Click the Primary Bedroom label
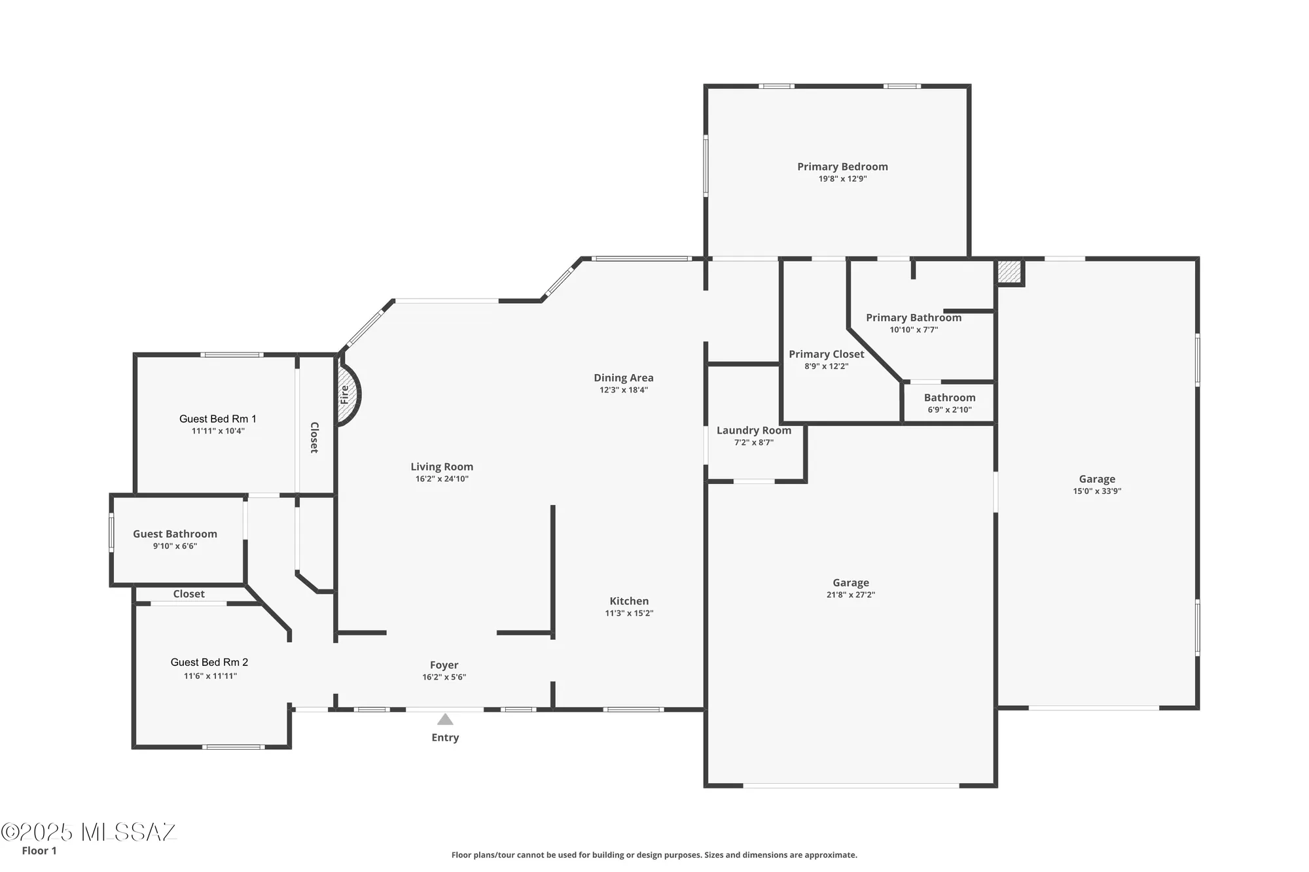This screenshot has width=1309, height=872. [x=842, y=167]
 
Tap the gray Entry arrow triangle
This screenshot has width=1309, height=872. [x=445, y=720]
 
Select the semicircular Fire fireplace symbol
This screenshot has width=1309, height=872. [x=348, y=394]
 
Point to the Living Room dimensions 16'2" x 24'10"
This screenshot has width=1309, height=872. [x=442, y=479]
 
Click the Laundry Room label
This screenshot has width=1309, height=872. [x=753, y=430]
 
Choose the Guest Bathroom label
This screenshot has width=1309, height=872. [x=175, y=534]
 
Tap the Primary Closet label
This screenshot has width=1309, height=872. [x=826, y=354]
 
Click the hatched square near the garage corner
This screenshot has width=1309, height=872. [x=1009, y=271]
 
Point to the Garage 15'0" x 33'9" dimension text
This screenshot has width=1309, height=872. [x=1097, y=491]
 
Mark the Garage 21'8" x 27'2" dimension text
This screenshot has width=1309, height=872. [x=850, y=595]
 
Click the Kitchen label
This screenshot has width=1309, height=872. [x=629, y=601]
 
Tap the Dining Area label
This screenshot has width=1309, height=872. [x=623, y=377]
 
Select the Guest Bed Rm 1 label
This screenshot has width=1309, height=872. [x=218, y=419]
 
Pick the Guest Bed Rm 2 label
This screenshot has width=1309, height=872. [x=209, y=662]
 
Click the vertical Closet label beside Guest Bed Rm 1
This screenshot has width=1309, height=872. [x=314, y=438]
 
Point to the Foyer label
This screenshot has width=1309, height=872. [x=444, y=665]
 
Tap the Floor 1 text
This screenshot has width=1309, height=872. [x=39, y=850]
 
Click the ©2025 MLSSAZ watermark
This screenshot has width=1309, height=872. [x=88, y=832]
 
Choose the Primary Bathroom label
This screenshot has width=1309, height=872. [x=914, y=318]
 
